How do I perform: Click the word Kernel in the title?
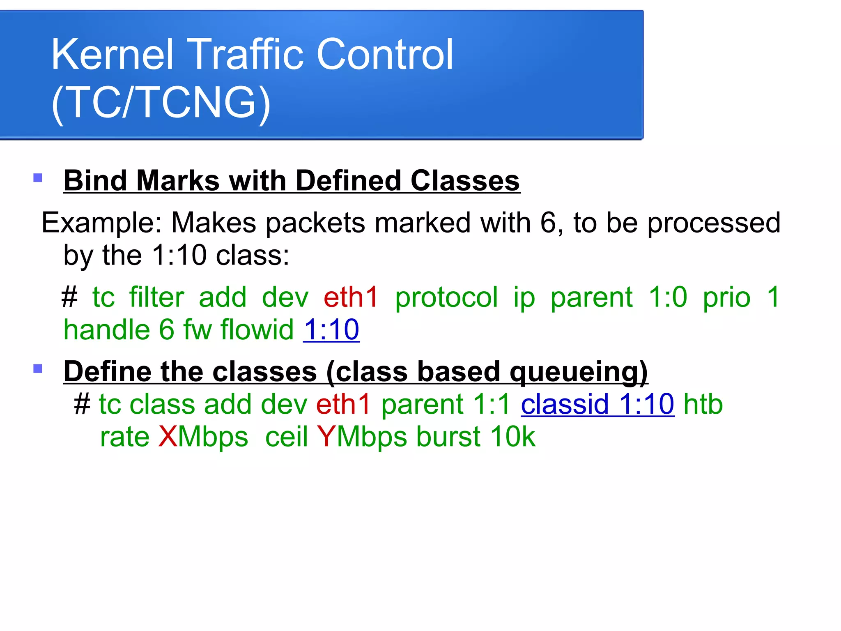click(112, 55)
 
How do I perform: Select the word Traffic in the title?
click(245, 55)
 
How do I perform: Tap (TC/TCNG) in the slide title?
click(161, 103)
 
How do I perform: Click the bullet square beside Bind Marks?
click(38, 178)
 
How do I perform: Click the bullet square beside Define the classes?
click(38, 368)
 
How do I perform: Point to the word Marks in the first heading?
click(178, 181)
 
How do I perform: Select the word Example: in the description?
click(102, 223)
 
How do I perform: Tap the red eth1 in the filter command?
click(350, 297)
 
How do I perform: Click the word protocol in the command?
click(446, 297)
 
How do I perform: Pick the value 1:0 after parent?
click(668, 297)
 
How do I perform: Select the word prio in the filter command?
click(726, 297)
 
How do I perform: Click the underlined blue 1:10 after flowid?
click(331, 330)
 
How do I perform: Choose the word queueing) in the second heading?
click(579, 372)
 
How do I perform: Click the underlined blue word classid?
click(565, 404)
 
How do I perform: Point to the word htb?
click(703, 404)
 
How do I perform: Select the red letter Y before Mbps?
click(326, 437)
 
